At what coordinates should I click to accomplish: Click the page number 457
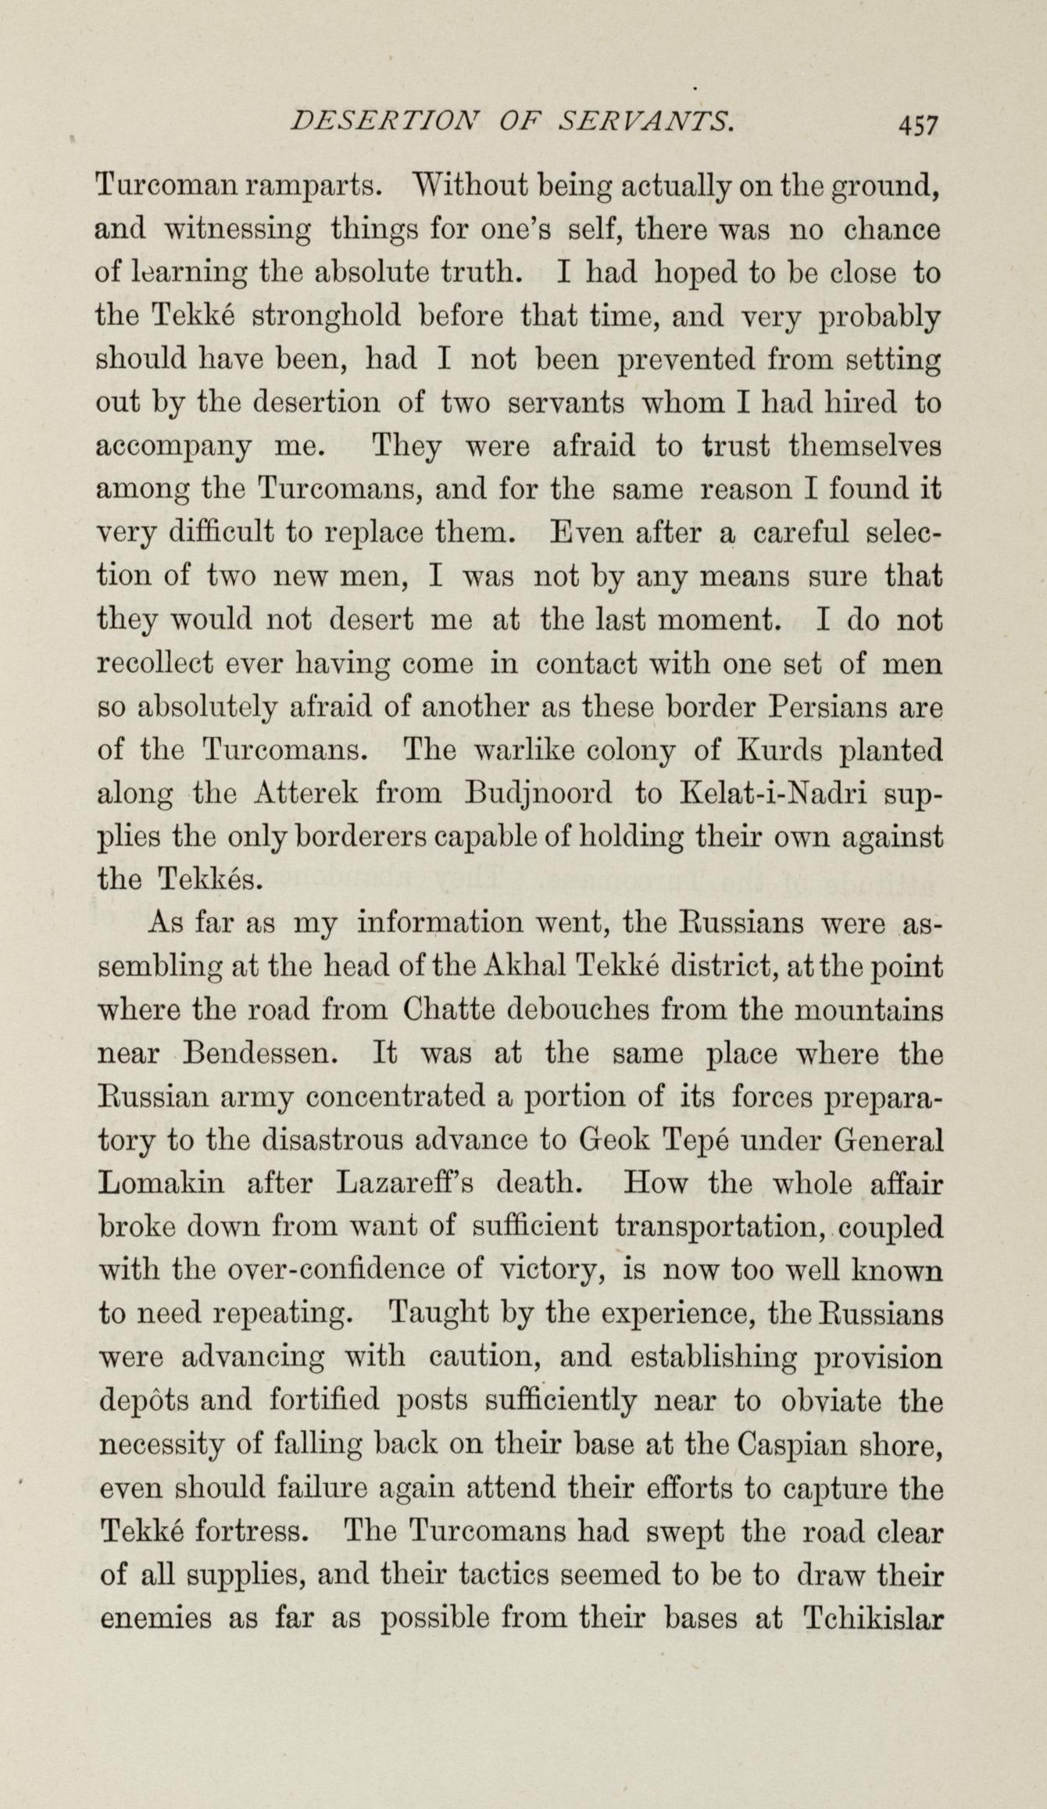point(917,123)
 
